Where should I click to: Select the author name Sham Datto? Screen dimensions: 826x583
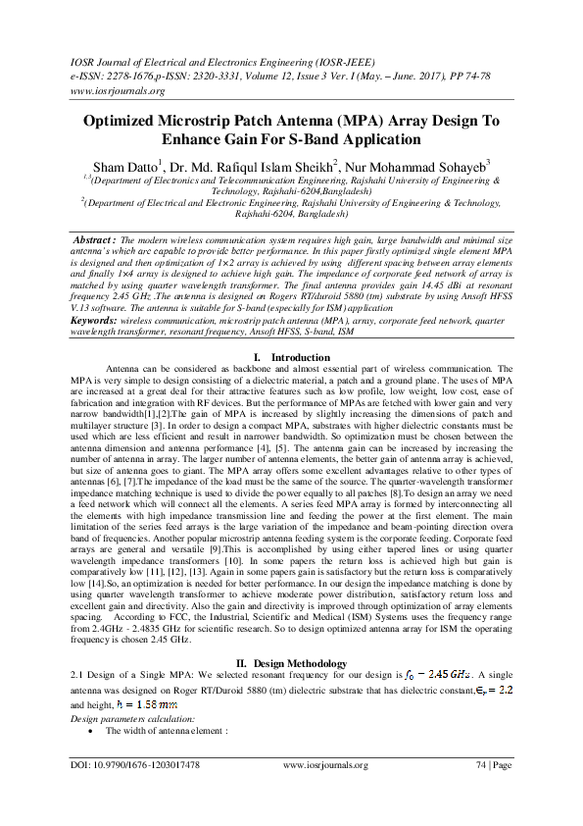(123, 166)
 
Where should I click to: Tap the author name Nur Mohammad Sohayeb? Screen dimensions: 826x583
(427, 166)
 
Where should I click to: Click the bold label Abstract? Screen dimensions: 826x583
(96, 240)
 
